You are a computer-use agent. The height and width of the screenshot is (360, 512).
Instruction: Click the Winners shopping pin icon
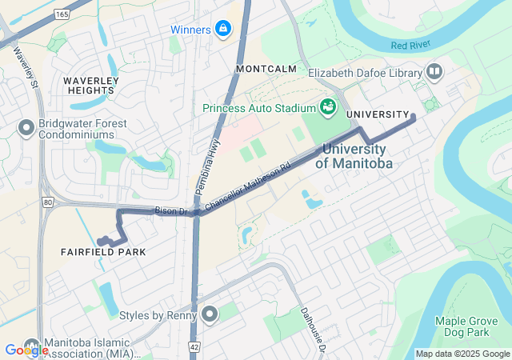223,30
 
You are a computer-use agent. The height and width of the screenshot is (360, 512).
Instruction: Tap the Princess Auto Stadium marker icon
327,106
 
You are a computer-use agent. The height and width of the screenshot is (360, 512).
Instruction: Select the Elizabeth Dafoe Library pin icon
434,73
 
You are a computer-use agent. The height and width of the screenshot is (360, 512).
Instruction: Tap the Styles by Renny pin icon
210,314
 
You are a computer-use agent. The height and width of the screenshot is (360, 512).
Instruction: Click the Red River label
410,46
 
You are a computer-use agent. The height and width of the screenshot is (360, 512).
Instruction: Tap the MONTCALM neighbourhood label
266,70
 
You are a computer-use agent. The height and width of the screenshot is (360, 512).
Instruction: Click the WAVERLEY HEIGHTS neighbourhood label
91,86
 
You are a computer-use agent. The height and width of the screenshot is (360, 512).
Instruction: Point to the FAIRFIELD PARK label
103,252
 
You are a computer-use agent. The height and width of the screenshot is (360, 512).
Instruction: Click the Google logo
26,350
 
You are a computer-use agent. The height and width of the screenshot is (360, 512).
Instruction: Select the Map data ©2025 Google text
462,354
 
